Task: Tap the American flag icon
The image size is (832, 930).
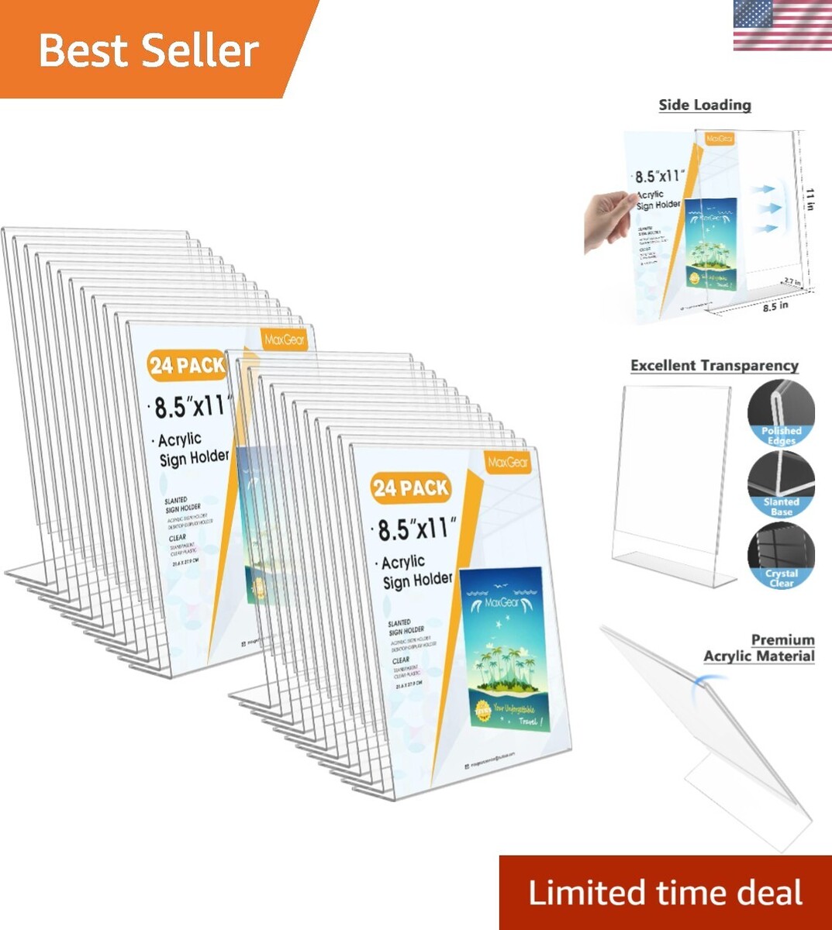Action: pyautogui.click(x=782, y=26)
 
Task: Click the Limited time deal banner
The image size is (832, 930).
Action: pyautogui.click(x=665, y=893)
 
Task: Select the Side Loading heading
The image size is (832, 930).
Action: pyautogui.click(x=705, y=105)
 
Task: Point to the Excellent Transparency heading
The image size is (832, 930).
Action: pyautogui.click(x=714, y=366)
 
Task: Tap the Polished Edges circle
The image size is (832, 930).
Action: pyautogui.click(x=781, y=414)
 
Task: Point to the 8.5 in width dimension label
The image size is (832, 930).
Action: pyautogui.click(x=775, y=306)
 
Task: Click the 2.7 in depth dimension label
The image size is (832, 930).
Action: pyautogui.click(x=792, y=282)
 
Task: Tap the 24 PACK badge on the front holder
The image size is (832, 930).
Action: pyautogui.click(x=410, y=487)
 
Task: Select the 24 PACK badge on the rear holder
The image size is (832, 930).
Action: pyautogui.click(x=188, y=365)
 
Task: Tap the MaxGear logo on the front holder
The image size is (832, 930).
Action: pyautogui.click(x=509, y=463)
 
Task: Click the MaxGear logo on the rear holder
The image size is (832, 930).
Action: pyautogui.click(x=285, y=339)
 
